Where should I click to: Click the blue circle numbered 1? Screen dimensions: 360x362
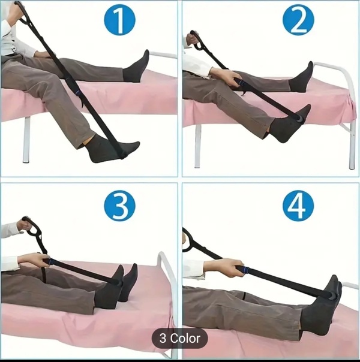coord(119,20)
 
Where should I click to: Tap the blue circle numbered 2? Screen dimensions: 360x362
coord(298,20)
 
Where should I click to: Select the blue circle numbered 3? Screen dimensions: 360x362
coord(119,206)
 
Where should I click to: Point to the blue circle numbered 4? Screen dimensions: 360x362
coord(298,206)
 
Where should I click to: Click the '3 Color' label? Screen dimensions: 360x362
coord(180,339)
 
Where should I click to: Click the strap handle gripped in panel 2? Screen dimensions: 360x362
coord(195,40)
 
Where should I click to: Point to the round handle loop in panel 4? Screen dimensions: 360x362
coord(190,240)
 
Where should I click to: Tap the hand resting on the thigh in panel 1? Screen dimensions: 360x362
coord(44,55)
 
